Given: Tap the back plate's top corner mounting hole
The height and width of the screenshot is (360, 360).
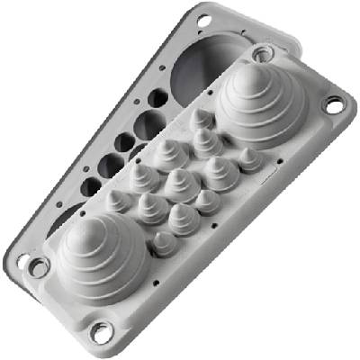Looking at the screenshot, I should coord(203,18).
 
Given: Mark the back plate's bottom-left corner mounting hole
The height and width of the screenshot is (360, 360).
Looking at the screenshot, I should coord(22,262).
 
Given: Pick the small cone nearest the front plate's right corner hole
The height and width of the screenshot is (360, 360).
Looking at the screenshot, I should coord(250,157).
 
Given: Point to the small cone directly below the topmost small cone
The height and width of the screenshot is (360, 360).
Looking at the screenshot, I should coord(209,137).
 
